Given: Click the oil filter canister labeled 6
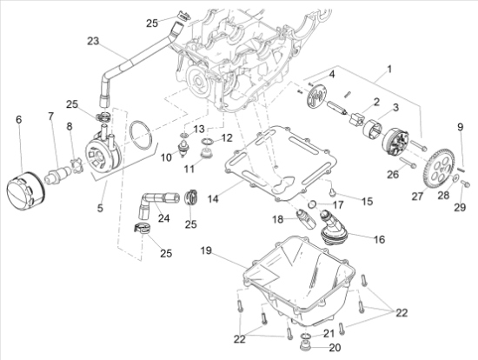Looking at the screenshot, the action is coord(25,191).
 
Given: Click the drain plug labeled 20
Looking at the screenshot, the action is coord(305,347).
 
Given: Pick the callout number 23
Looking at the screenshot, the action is coord(93,41).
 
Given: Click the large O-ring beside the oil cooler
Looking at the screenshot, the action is coord(141,135).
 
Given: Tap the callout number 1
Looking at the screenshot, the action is coord(389,70).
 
